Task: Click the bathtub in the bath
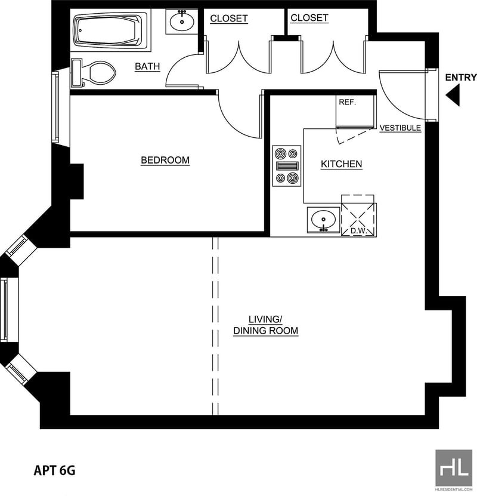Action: click(110, 30)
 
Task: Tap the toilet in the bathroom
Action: click(94, 73)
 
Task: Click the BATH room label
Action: click(147, 66)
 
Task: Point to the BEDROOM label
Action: click(165, 160)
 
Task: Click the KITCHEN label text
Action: click(342, 164)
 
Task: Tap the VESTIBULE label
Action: click(400, 128)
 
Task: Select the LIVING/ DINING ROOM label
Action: click(266, 325)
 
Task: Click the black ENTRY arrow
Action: click(453, 95)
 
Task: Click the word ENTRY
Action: click(460, 77)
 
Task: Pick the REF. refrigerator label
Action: click(347, 102)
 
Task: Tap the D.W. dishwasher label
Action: click(358, 230)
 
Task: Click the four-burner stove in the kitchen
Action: click(287, 166)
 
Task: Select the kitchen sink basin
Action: click(323, 220)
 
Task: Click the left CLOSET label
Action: click(229, 19)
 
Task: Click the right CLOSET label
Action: click(309, 18)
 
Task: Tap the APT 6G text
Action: click(55, 470)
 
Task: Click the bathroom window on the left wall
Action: click(56, 107)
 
